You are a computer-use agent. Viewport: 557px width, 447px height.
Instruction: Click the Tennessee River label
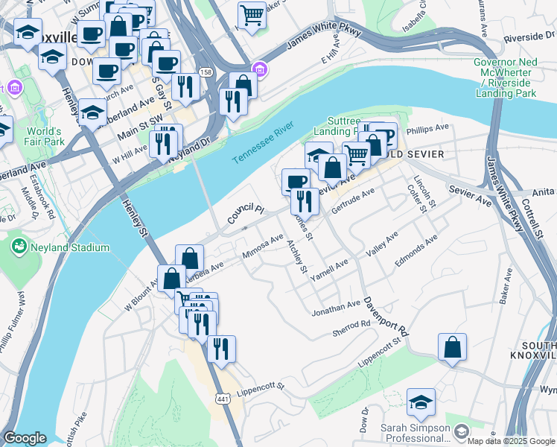[263, 145]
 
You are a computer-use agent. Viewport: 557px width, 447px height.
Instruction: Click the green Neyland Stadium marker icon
[19, 245]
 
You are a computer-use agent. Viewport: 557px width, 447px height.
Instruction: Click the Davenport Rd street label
[386, 316]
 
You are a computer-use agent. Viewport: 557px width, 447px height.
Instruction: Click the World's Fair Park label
[40, 136]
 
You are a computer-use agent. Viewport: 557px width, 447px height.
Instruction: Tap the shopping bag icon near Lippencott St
[452, 347]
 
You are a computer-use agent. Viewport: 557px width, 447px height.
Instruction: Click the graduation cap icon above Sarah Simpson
[421, 403]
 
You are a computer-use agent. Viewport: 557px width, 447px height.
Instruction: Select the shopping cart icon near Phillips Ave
[357, 154]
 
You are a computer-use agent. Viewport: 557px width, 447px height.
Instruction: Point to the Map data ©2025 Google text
[510, 441]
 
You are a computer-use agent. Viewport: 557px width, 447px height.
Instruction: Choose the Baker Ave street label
[507, 287]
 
